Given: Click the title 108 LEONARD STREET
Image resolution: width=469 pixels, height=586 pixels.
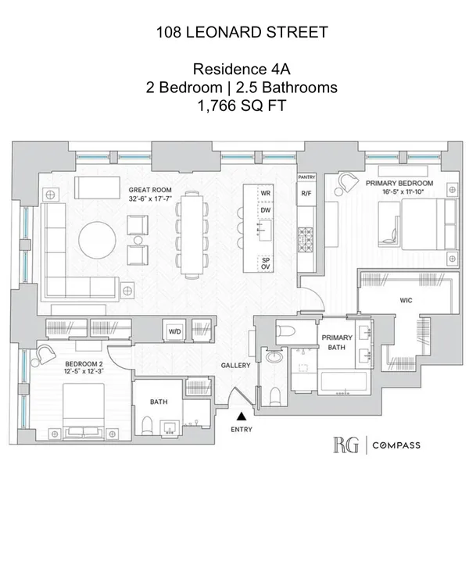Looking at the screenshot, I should [234, 32].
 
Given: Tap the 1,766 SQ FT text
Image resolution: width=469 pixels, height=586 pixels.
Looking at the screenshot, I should [234, 107].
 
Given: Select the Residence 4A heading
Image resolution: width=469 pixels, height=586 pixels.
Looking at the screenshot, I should [234, 70].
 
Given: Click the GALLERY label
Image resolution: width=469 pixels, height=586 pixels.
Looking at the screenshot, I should [235, 365].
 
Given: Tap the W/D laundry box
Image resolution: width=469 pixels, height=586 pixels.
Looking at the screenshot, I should [174, 331].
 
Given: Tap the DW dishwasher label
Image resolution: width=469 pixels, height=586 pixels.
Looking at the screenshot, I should [266, 210].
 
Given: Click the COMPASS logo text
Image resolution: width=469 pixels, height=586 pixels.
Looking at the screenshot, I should [396, 446].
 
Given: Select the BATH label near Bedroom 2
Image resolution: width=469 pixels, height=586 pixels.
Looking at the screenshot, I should [158, 402].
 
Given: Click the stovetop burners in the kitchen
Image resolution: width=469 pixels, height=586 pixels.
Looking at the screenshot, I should [306, 234].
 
